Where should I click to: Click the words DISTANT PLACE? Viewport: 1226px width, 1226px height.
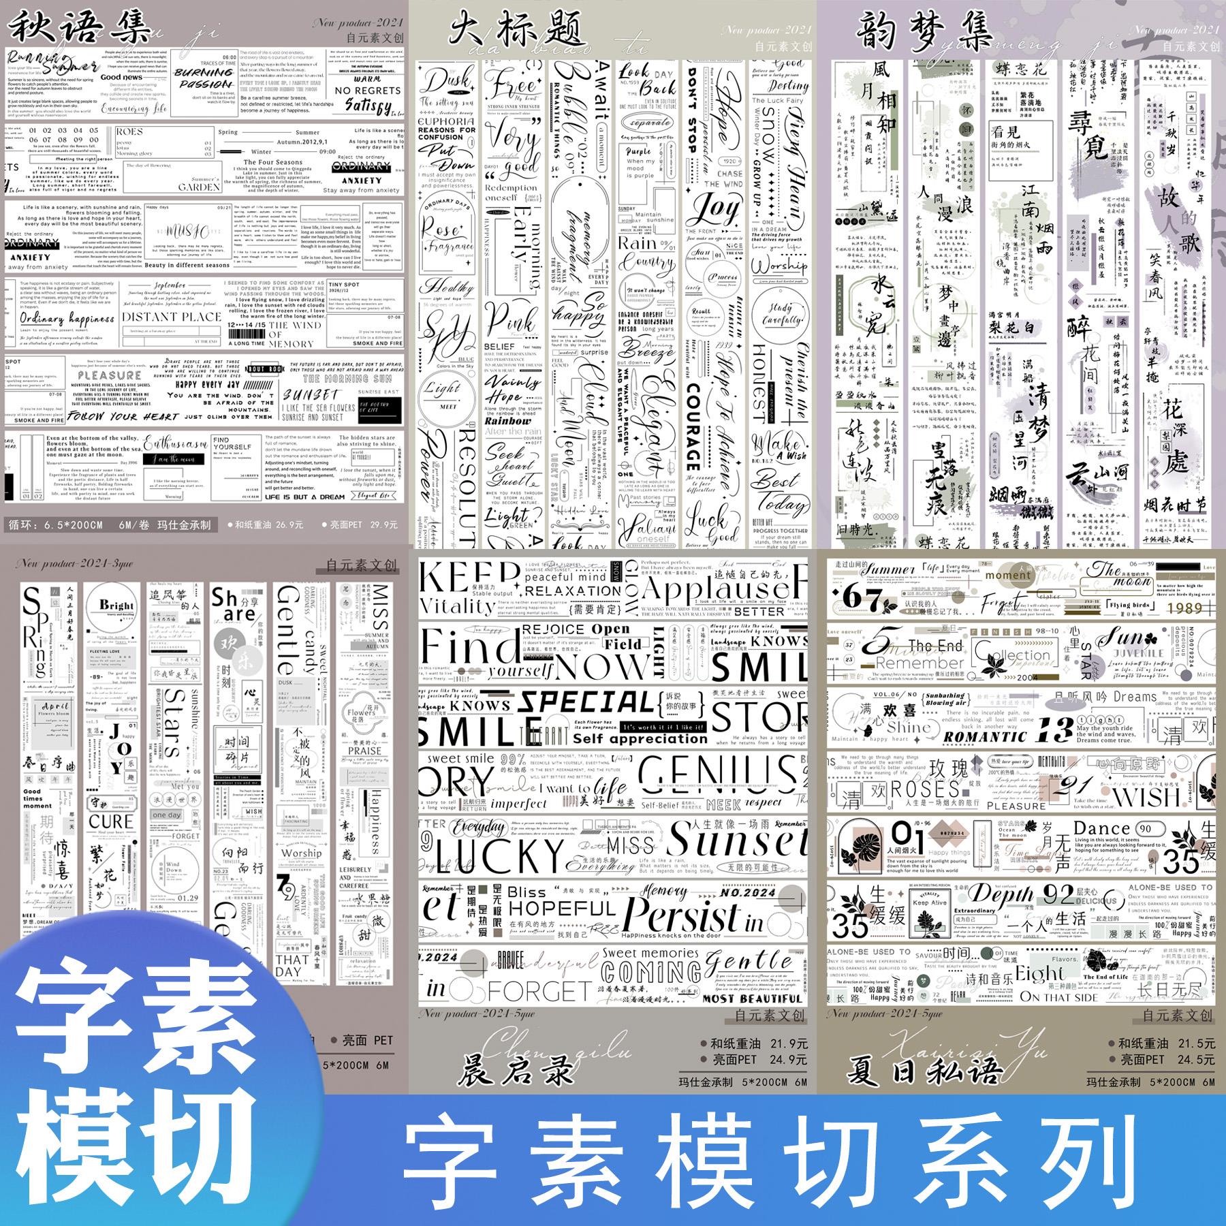tap(171, 317)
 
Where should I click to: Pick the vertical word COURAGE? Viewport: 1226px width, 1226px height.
tap(693, 427)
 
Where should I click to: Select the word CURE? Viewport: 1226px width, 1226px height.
tap(111, 821)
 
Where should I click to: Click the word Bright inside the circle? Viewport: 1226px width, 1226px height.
tap(116, 605)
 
